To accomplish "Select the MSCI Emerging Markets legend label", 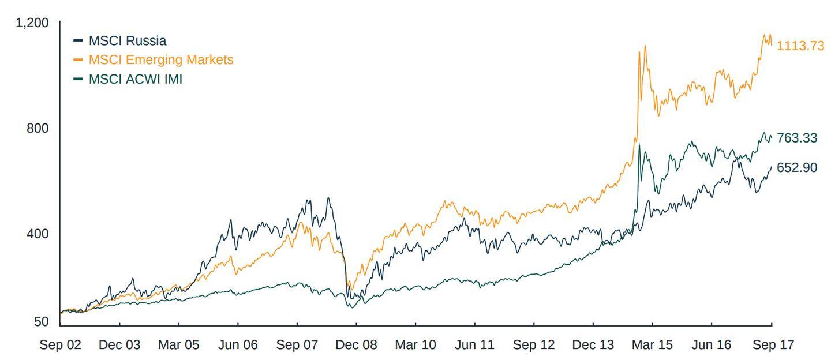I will pyautogui.click(x=160, y=60).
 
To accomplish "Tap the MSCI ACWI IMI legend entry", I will pyautogui.click(x=135, y=79).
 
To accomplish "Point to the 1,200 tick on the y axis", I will pyautogui.click(x=32, y=23).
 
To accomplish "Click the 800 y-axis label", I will pyautogui.click(x=38, y=128).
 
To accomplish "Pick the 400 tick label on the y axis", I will pyautogui.click(x=38, y=234).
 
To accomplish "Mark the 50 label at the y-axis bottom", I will pyautogui.click(x=41, y=322).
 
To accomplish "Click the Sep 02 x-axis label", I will pyautogui.click(x=60, y=345).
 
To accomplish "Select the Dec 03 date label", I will pyautogui.click(x=119, y=345).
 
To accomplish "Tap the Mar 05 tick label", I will pyautogui.click(x=178, y=345).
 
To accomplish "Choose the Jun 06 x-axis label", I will pyautogui.click(x=238, y=345).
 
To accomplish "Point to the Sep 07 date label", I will pyautogui.click(x=297, y=345).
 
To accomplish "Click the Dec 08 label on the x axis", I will pyautogui.click(x=357, y=345).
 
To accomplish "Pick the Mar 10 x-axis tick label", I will pyautogui.click(x=415, y=345).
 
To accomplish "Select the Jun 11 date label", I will pyautogui.click(x=475, y=345).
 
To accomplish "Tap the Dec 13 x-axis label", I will pyautogui.click(x=593, y=345).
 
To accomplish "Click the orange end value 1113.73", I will pyautogui.click(x=800, y=46).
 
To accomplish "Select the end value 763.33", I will pyautogui.click(x=797, y=138).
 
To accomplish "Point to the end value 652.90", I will pyautogui.click(x=797, y=168).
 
